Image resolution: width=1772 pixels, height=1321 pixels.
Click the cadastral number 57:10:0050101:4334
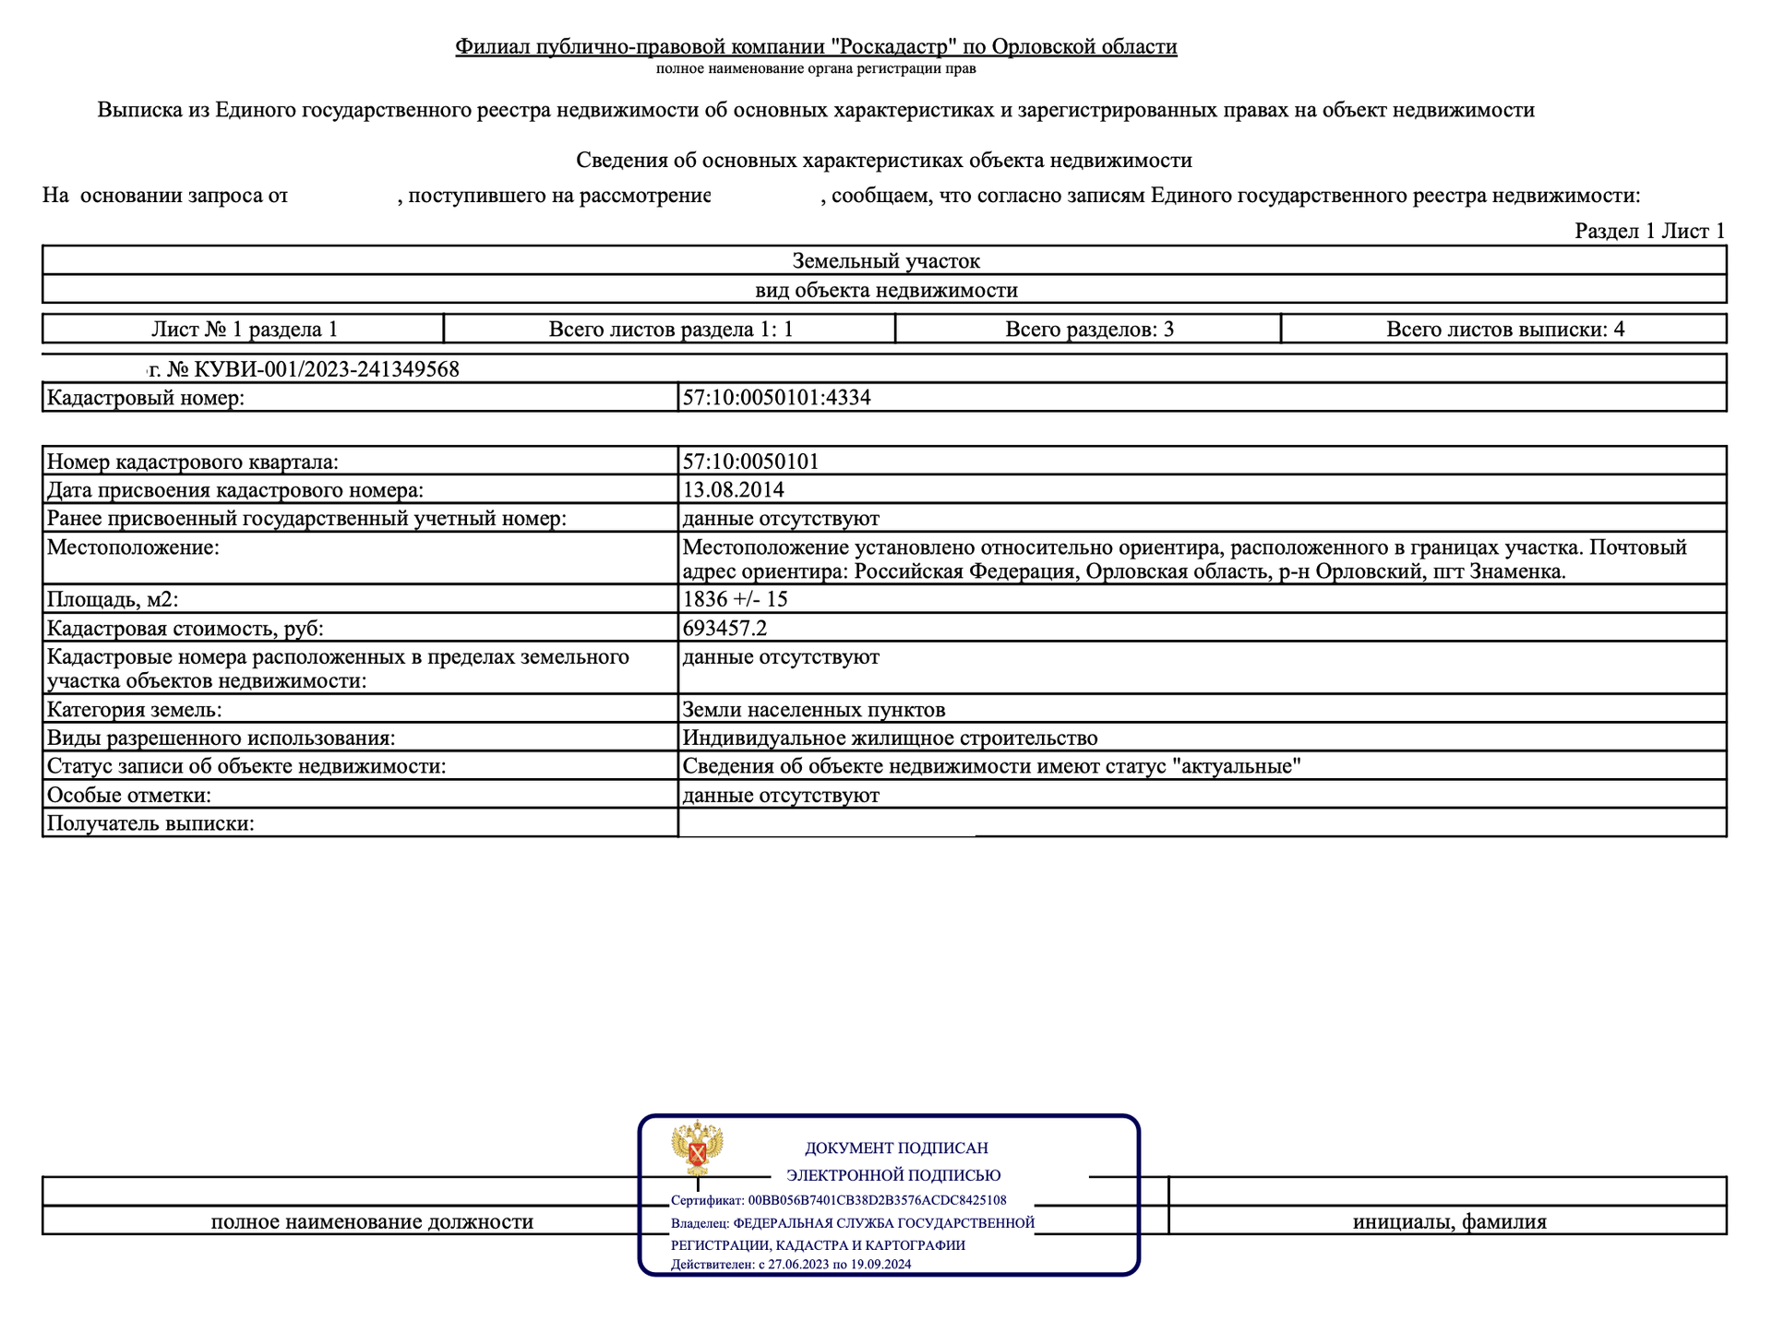click(776, 398)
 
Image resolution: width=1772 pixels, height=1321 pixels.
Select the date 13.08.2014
click(733, 489)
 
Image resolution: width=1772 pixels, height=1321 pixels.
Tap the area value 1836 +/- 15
click(735, 599)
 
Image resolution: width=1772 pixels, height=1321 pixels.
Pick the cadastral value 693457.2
click(724, 629)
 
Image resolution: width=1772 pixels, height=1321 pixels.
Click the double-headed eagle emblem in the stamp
click(697, 1149)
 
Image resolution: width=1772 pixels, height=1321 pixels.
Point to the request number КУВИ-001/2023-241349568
click(314, 370)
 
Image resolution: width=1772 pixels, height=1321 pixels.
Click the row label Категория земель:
click(135, 710)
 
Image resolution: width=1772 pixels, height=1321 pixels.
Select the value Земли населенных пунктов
click(813, 710)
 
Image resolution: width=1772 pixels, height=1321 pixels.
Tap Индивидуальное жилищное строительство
click(890, 739)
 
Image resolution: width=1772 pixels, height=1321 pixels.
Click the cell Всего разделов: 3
click(1089, 330)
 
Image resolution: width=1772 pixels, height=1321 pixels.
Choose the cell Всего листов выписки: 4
click(1504, 330)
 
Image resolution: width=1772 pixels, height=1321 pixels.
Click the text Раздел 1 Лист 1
click(1649, 231)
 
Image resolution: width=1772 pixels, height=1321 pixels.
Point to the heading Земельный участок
click(885, 261)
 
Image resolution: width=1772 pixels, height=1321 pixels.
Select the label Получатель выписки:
click(150, 823)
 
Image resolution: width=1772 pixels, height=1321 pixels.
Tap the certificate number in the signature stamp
click(877, 1200)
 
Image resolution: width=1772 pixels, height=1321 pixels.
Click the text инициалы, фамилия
click(1449, 1222)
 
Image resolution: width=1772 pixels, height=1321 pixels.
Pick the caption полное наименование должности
click(372, 1222)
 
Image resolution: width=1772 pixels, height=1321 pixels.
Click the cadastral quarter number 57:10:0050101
click(750, 462)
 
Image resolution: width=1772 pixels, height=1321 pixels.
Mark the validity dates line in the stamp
click(791, 1265)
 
